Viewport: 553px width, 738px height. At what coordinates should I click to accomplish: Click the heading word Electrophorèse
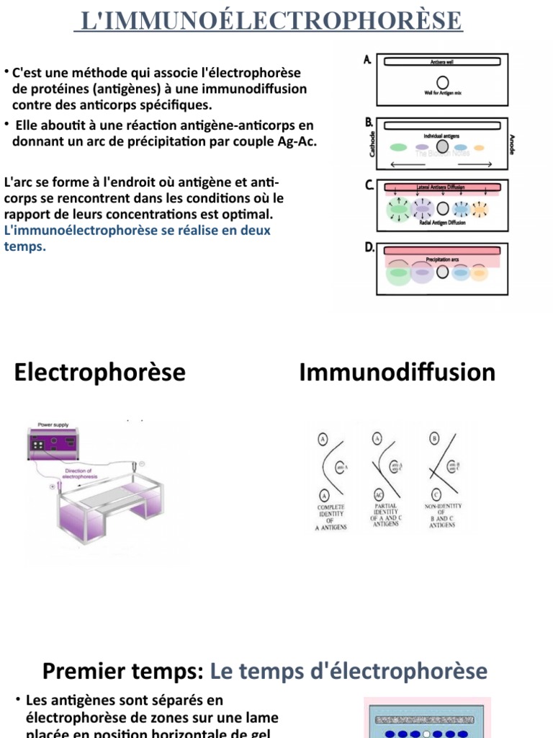(99, 373)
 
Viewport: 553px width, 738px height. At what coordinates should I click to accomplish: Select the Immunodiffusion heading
(397, 373)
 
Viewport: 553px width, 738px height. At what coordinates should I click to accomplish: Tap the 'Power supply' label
(53, 425)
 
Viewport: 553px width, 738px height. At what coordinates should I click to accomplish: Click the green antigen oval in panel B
(398, 148)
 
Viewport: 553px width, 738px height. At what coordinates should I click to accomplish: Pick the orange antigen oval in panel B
(480, 148)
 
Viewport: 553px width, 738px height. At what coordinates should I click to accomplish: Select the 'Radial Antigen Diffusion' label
(442, 223)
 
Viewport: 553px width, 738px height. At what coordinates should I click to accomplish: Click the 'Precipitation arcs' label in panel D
(442, 259)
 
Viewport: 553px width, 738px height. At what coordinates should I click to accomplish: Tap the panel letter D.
(369, 247)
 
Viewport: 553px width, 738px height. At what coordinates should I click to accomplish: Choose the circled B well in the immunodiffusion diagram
(434, 438)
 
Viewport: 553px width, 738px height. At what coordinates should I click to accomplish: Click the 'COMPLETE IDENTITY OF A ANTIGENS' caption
(331, 517)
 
